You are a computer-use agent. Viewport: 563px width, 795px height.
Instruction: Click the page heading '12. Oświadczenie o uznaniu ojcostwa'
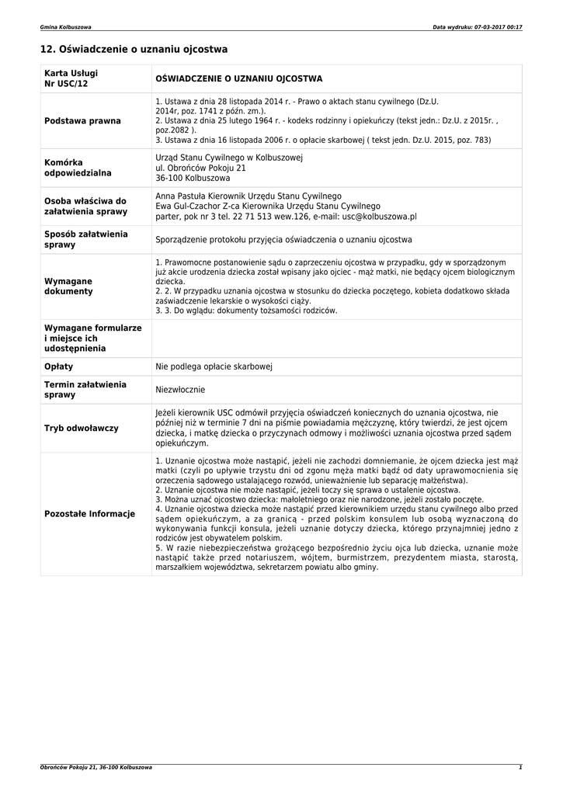click(x=134, y=50)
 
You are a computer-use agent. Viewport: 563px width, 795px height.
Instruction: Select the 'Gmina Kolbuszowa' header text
click(x=65, y=27)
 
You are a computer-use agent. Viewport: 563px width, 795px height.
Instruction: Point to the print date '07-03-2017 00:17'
click(x=496, y=27)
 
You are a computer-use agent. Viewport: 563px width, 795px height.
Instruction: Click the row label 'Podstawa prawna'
click(x=83, y=121)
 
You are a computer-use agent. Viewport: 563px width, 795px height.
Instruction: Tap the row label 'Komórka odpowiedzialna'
click(x=78, y=168)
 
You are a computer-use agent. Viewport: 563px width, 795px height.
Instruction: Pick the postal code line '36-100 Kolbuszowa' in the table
click(x=188, y=178)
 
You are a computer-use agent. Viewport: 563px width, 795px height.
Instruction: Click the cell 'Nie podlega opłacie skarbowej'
click(x=214, y=366)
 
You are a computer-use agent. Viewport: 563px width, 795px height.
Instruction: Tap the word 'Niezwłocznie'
click(x=180, y=390)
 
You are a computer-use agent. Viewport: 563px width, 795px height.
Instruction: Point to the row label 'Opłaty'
click(x=59, y=366)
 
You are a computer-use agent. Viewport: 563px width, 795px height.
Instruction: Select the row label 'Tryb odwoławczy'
click(x=82, y=428)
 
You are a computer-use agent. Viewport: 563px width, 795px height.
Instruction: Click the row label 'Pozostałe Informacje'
click(x=90, y=514)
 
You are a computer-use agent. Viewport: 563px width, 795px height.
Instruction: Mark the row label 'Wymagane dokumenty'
click(x=68, y=286)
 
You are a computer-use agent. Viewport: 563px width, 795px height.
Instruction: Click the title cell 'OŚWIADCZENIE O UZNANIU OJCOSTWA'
click(x=239, y=79)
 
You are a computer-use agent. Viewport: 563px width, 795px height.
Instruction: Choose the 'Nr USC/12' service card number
click(x=66, y=84)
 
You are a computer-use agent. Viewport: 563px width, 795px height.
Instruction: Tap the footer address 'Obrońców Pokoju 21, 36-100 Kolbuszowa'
click(x=96, y=767)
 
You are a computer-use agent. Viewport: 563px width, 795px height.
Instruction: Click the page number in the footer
click(x=520, y=767)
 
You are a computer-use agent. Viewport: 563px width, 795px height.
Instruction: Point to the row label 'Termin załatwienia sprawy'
click(x=85, y=390)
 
